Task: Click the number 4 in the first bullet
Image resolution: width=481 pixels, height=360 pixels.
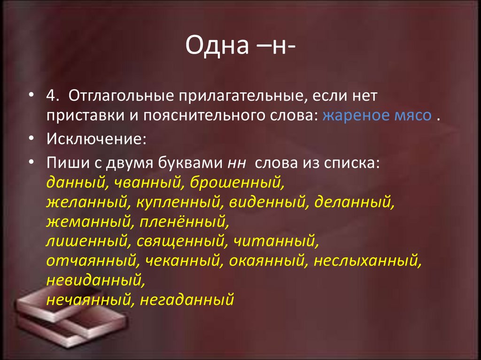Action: coord(52,96)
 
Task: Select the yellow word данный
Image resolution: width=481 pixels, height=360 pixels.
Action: coord(75,183)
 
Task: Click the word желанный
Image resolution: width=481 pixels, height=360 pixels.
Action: coord(87,202)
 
